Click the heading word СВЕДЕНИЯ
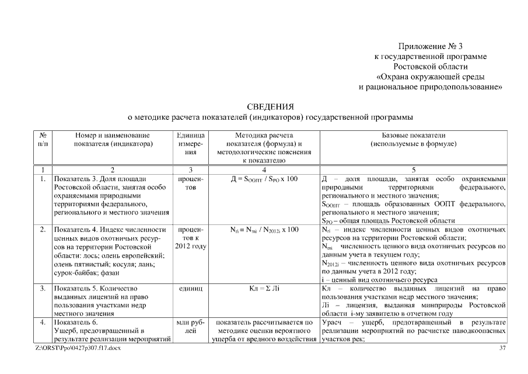tap(270, 106)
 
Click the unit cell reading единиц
tap(190, 289)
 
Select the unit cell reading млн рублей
tap(190, 326)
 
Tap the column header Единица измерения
tap(190, 143)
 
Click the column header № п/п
tap(42, 139)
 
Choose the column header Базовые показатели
tap(414, 139)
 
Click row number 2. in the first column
tap(43, 230)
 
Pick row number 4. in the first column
tap(43, 322)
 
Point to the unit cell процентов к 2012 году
tap(190, 238)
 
